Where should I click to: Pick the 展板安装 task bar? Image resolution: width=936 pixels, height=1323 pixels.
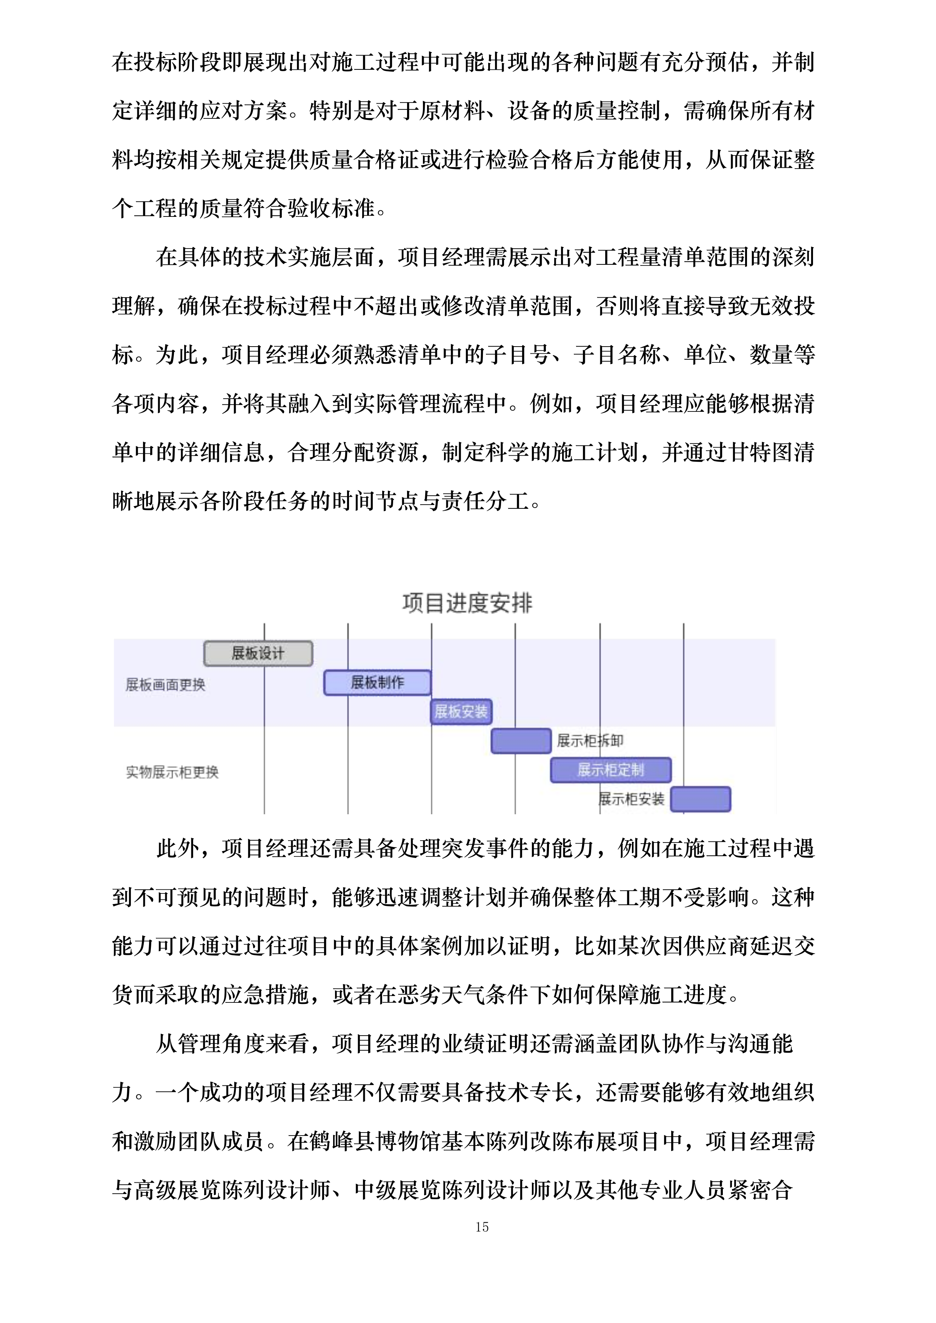(x=461, y=712)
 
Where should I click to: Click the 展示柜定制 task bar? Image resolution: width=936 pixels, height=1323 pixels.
(x=610, y=770)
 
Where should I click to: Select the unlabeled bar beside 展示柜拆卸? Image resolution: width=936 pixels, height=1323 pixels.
(x=521, y=741)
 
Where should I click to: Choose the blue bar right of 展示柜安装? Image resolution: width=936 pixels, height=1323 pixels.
(x=700, y=799)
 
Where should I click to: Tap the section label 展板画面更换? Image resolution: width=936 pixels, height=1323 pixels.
(x=165, y=685)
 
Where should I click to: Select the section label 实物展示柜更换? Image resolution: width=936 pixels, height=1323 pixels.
(x=172, y=772)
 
